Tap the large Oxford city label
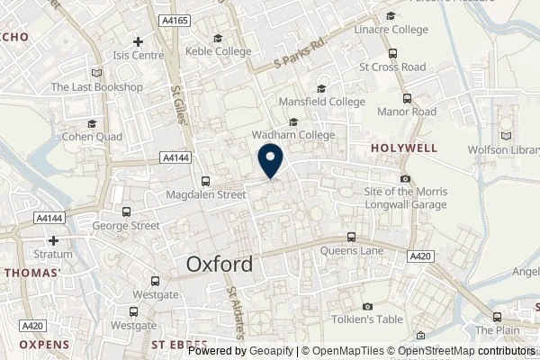pos(220,265)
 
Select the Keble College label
pos(218,51)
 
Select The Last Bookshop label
pos(96,87)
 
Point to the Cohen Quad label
pos(90,137)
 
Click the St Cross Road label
pos(391,67)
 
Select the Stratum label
pos(53,254)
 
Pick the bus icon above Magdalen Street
pos(206,180)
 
